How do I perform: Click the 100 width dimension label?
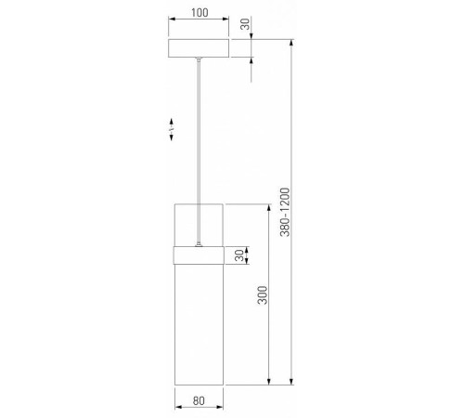click(200, 13)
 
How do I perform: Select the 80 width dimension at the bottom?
click(199, 400)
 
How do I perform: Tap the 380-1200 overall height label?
click(285, 212)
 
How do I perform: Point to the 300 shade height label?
click(263, 295)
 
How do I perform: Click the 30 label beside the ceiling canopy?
click(245, 24)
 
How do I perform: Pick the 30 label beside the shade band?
click(239, 255)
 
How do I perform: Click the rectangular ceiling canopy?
click(199, 48)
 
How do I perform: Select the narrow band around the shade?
click(199, 255)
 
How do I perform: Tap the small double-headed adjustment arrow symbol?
click(172, 129)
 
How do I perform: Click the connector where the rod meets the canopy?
click(199, 59)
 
